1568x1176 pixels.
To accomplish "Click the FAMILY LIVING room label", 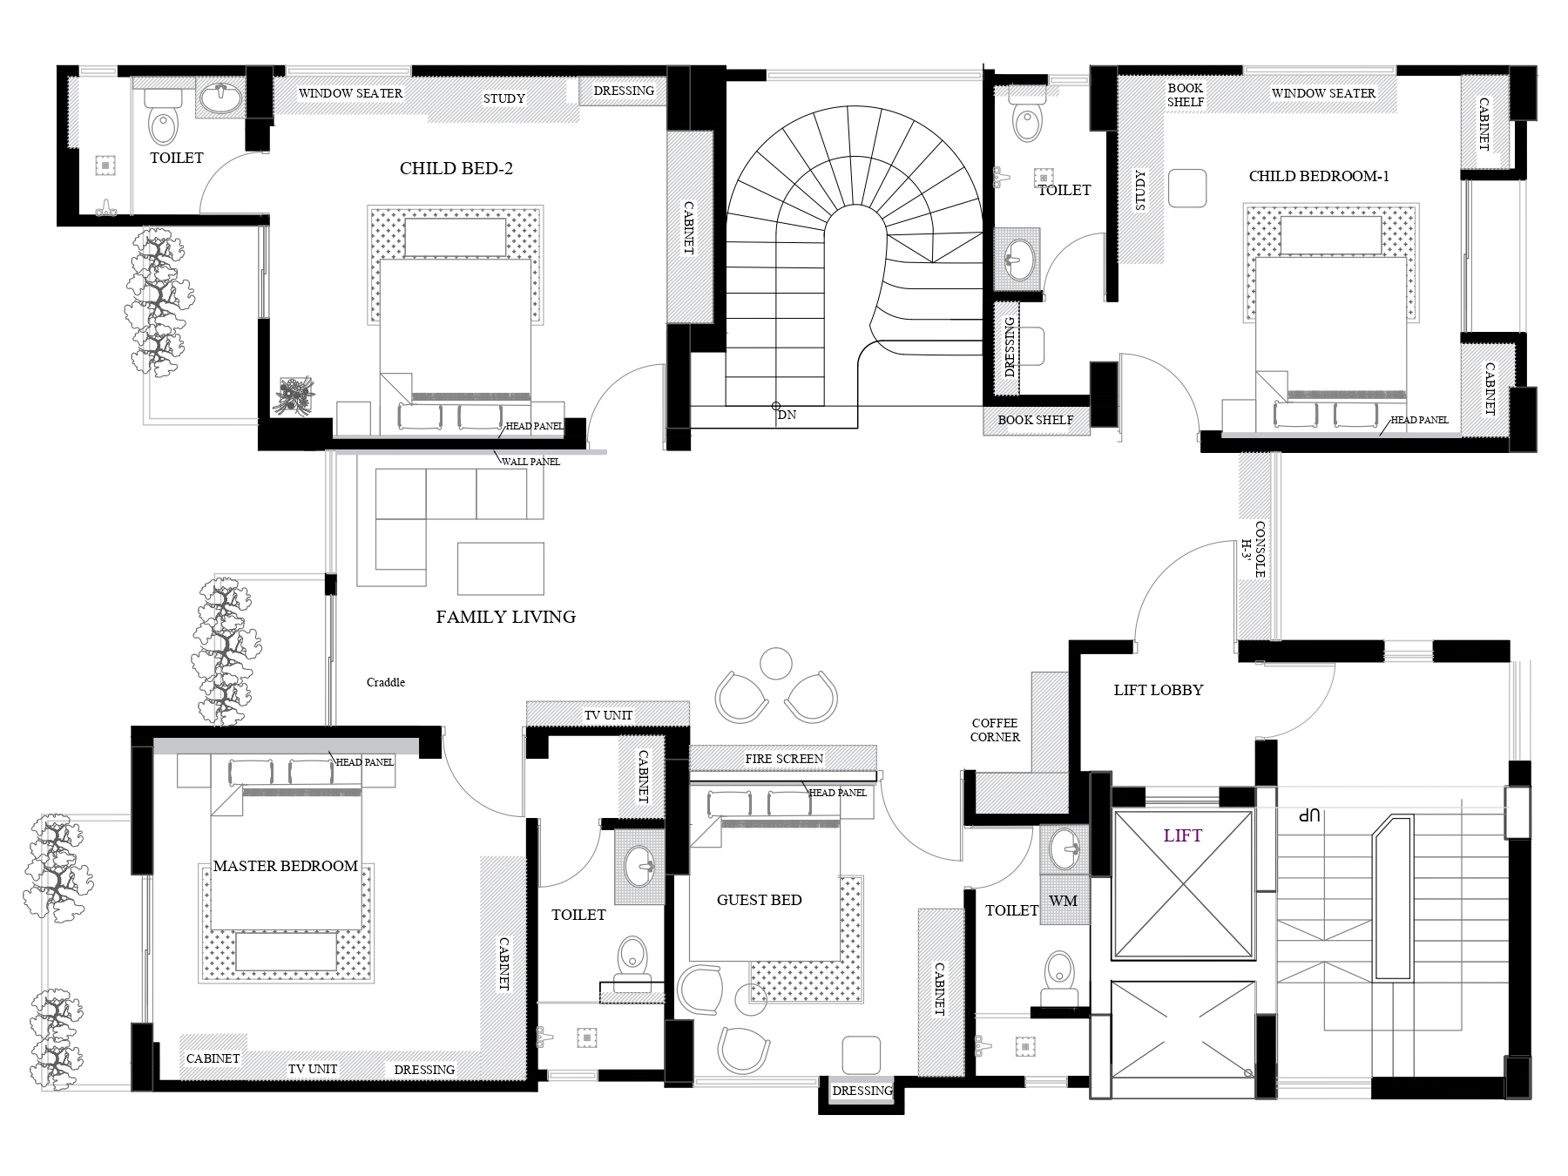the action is [505, 617].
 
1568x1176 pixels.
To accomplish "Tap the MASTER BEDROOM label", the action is [286, 866].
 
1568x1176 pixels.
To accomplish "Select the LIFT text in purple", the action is [1183, 836].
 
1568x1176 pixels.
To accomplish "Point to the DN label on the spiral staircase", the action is [787, 416].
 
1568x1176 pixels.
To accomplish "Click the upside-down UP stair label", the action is [1310, 816].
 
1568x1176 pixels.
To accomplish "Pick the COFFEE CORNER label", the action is [995, 730].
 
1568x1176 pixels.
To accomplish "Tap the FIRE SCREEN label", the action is [784, 759].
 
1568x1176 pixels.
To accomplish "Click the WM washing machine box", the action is [1064, 901].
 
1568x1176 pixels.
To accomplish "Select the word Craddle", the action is [386, 682].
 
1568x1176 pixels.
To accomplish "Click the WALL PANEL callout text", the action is [531, 462].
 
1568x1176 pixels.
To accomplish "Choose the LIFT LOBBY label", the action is [1159, 690].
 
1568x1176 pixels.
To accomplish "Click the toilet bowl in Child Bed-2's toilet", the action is [164, 122].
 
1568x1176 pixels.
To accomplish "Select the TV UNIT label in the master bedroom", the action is [312, 1069].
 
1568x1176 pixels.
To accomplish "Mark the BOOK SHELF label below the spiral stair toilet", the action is [1036, 420].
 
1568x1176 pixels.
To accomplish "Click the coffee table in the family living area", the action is [501, 569].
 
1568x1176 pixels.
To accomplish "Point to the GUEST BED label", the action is [760, 900].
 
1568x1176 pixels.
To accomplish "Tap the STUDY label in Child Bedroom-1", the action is [1141, 190].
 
